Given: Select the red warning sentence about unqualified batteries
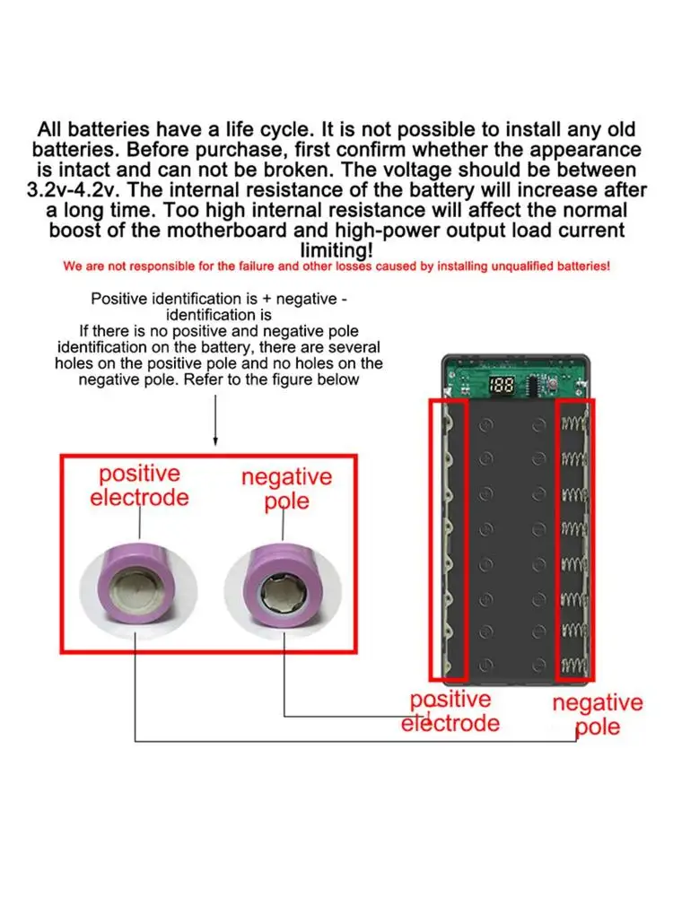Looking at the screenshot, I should pyautogui.click(x=336, y=266).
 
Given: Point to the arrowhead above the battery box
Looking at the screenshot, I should pyautogui.click(x=215, y=440).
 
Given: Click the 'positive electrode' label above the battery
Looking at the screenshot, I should pyautogui.click(x=139, y=484).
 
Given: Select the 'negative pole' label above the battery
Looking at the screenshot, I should pyautogui.click(x=286, y=489).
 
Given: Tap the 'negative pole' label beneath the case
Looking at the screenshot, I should pyautogui.click(x=597, y=713).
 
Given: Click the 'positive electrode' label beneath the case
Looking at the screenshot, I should pyautogui.click(x=450, y=710).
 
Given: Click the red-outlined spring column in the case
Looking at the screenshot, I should pyautogui.click(x=573, y=538).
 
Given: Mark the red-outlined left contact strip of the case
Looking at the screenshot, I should pyautogui.click(x=449, y=538).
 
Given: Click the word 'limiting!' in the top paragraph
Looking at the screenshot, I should pyautogui.click(x=336, y=249).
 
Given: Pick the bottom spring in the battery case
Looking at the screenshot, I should pyautogui.click(x=572, y=665).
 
